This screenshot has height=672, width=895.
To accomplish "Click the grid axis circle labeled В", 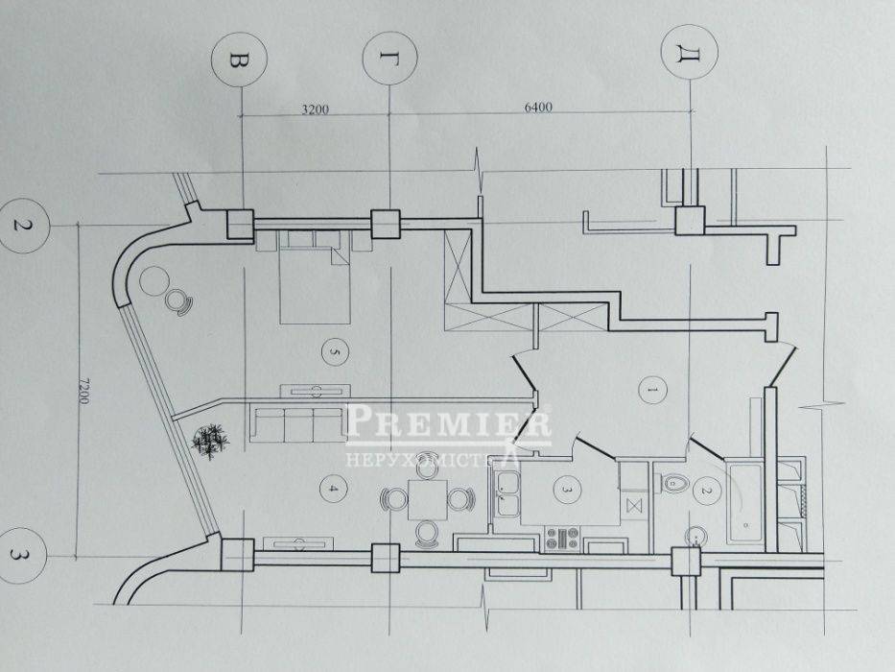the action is [x=239, y=60].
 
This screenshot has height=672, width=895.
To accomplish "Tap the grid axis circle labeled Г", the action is [x=390, y=59].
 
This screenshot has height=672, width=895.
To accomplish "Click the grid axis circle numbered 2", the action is [x=23, y=226].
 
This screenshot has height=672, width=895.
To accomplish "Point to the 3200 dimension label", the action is [x=315, y=109].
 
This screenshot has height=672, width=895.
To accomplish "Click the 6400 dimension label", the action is [x=538, y=108].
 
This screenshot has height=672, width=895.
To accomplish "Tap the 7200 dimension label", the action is [x=83, y=391].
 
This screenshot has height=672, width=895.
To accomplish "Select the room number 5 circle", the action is [x=335, y=352].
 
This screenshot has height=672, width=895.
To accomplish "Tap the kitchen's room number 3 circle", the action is [x=567, y=490].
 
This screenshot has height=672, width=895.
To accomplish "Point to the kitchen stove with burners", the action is [x=562, y=539].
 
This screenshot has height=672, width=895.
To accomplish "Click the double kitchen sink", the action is [x=506, y=494].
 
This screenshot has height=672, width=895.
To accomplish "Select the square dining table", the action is [x=428, y=500].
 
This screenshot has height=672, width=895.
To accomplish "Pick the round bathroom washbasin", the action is [x=695, y=537].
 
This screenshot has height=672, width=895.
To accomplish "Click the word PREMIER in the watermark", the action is [x=447, y=421].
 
